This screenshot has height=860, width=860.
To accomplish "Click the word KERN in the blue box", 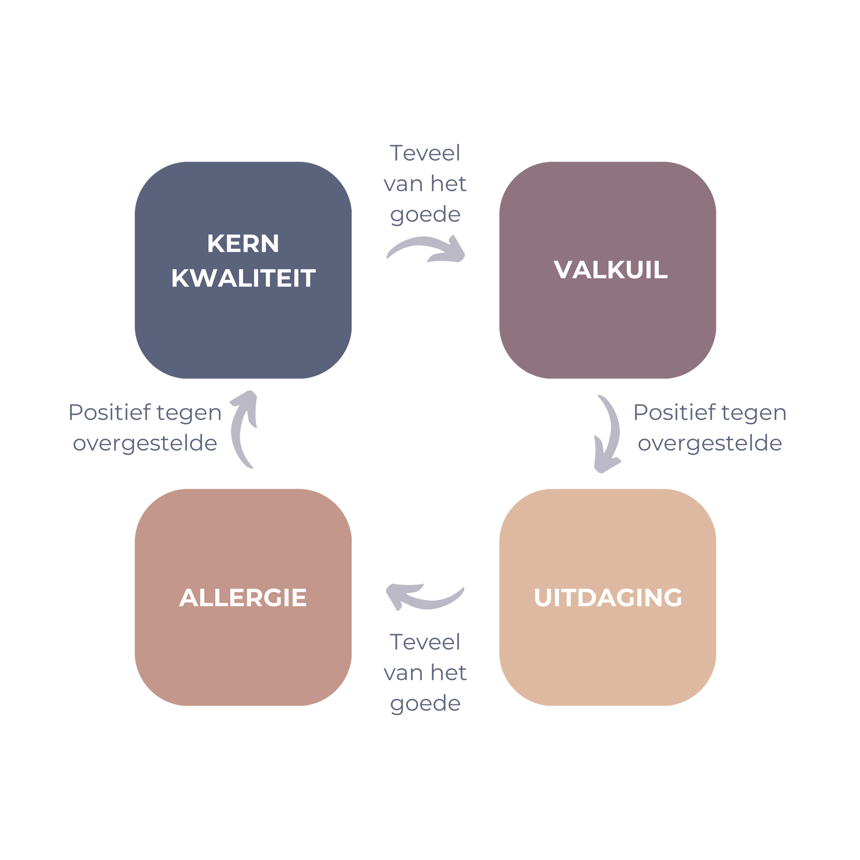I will [x=243, y=244].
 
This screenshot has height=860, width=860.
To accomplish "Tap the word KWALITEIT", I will [x=243, y=278].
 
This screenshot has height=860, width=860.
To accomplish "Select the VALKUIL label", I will [x=611, y=270].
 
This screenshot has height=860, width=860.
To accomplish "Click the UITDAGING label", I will [x=608, y=598].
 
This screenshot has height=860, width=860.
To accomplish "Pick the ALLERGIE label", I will [x=243, y=598].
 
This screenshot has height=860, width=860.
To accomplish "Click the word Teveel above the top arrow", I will [x=425, y=153].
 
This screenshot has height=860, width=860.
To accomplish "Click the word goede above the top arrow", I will [x=425, y=215].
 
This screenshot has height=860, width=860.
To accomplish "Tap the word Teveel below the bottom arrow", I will [x=425, y=642].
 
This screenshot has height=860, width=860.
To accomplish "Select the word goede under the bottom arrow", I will [x=425, y=704].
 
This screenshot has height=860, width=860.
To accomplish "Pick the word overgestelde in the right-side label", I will [x=709, y=443].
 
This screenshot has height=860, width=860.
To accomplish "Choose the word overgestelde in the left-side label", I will [x=145, y=443].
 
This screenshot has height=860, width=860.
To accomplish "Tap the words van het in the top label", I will [x=425, y=184].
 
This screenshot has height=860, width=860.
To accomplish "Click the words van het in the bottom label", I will [x=425, y=673].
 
